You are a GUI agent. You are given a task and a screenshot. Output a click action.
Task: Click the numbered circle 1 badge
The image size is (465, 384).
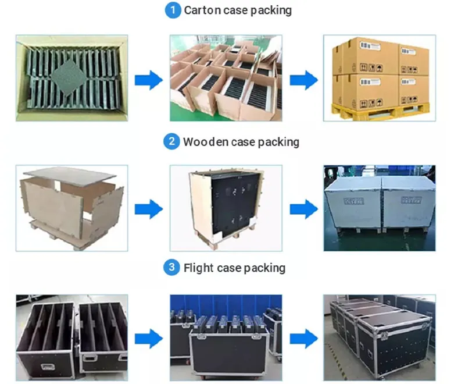tap(173, 10)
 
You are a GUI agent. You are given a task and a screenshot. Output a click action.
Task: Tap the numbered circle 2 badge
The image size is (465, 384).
tap(171, 141)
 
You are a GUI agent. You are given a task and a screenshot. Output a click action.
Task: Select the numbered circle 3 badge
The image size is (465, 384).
tap(171, 268)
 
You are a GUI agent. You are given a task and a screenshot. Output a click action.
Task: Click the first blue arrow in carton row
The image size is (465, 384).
tap(148, 80)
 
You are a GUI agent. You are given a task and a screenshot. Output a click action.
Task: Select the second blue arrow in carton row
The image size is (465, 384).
tap(303, 80)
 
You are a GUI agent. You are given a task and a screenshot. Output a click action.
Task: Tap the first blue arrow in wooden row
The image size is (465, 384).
tap(148, 208)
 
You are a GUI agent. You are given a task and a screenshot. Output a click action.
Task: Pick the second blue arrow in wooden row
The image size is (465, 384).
tap(303, 208)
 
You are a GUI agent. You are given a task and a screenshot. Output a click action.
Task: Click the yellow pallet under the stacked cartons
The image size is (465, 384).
tap(381, 109)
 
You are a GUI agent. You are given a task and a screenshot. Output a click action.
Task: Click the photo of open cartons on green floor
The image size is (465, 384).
tap(226, 78)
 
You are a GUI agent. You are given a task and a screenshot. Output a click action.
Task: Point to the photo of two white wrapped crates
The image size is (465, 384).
tap(379, 208)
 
